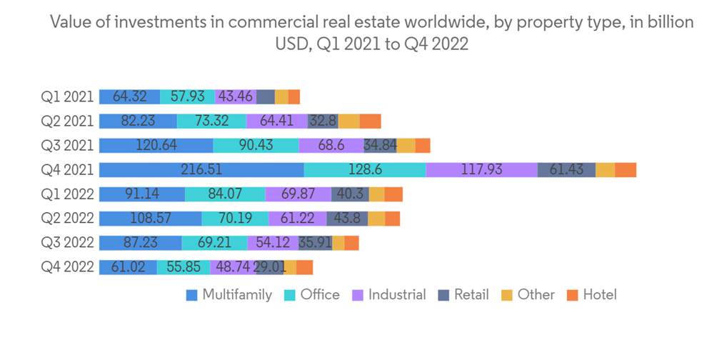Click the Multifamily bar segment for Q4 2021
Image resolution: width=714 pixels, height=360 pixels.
click(201, 170)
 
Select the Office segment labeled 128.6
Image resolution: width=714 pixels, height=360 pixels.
click(365, 170)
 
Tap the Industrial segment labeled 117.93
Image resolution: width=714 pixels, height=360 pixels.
click(481, 170)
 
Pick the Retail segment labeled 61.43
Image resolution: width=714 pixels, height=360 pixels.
click(566, 170)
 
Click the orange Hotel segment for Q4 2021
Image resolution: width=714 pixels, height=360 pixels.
click(625, 170)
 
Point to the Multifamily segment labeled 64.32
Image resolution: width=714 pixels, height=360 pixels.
click(129, 97)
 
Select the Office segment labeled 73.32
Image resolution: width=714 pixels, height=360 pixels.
click(211, 121)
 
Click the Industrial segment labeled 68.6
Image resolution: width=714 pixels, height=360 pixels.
click(331, 146)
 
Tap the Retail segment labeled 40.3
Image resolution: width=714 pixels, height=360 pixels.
click(350, 194)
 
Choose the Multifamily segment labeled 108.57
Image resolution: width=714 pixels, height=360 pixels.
click(150, 219)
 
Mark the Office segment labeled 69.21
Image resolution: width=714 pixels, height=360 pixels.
click(214, 243)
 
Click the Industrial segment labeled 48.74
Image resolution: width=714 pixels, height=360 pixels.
click(232, 267)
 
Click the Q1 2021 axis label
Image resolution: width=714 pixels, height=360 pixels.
click(68, 97)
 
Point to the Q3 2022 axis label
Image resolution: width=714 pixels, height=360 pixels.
click(68, 243)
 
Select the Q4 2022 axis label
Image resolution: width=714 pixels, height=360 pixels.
click(68, 267)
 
